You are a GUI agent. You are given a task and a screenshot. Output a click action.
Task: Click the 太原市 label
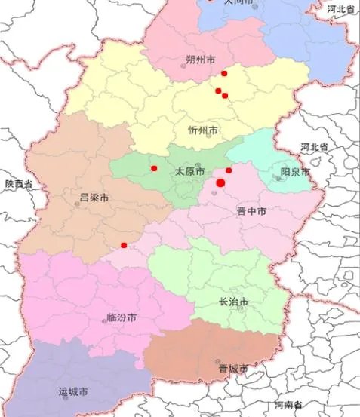189,171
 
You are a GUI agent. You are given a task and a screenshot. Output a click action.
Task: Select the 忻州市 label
202,130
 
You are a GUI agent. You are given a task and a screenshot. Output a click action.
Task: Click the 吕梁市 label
94,199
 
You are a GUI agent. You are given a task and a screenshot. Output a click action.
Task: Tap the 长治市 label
233,302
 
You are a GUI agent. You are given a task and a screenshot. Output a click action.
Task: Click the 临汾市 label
121,319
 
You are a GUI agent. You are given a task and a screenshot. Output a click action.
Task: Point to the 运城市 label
73,392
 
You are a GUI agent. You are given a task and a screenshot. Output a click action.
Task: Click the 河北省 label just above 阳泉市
314,146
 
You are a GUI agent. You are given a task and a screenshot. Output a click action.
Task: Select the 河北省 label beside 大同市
341,8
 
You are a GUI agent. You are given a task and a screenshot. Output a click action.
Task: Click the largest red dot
221,182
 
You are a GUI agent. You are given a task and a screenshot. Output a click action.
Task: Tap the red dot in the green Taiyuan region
154,168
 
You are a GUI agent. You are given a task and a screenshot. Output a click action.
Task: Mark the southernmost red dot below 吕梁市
124,245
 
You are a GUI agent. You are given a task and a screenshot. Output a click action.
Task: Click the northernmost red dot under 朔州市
224,74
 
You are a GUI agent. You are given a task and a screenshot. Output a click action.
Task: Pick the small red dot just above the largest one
229,170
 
